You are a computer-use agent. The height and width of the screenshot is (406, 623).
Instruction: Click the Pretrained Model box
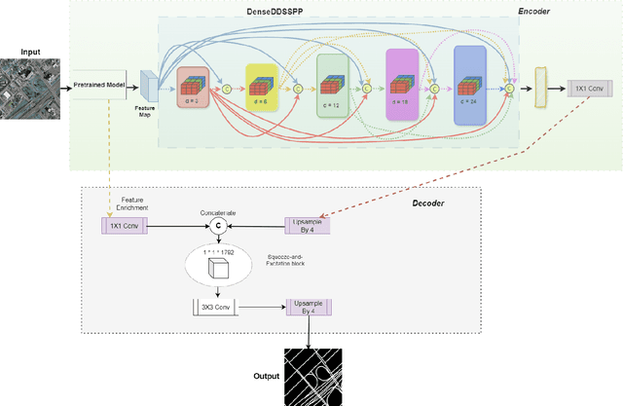coord(99,86)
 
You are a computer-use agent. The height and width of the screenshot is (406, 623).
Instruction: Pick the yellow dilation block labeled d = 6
coord(262,88)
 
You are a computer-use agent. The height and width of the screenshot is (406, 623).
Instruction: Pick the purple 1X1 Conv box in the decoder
coord(124,225)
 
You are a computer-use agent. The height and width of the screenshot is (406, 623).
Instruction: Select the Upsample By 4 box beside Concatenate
coord(308,225)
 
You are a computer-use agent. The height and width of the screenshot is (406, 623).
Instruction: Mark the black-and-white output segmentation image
coord(311,376)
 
